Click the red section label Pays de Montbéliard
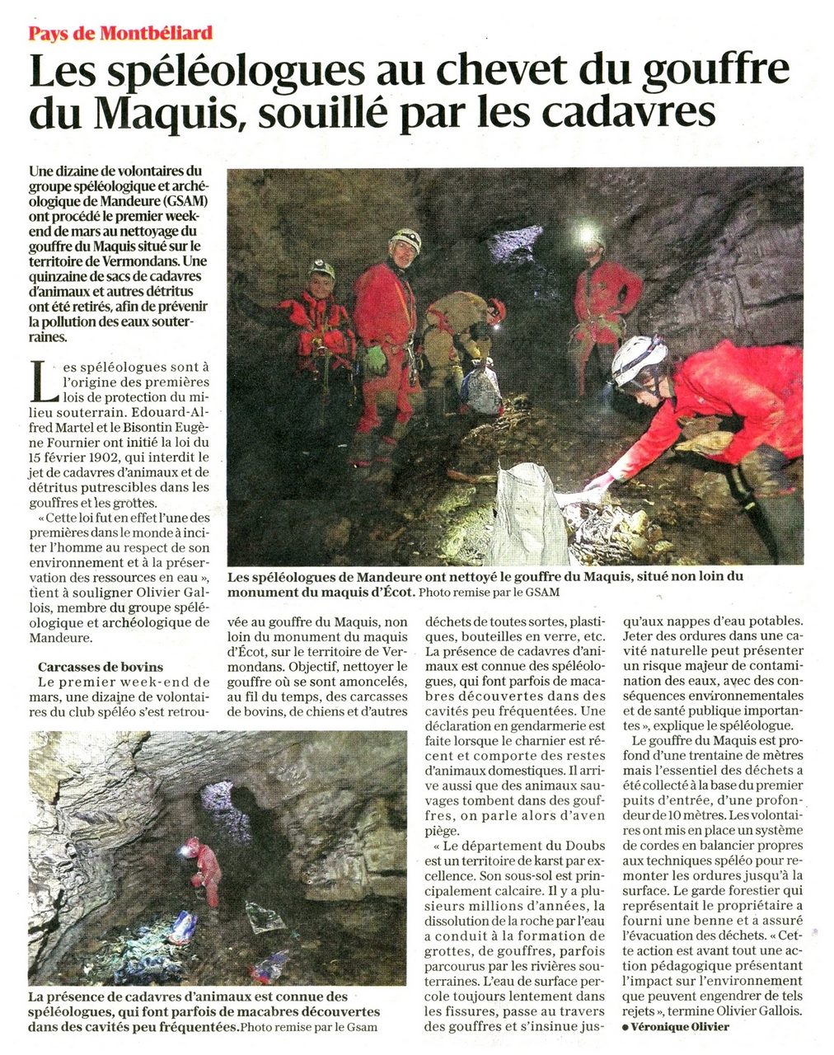(x=120, y=33)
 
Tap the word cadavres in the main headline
(x=630, y=112)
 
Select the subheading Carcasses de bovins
(x=101, y=667)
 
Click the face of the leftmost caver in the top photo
(x=321, y=284)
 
